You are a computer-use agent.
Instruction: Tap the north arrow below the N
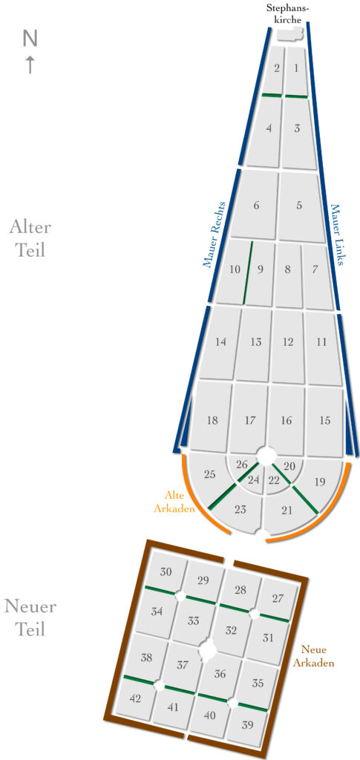30,64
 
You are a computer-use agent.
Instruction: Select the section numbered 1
296,71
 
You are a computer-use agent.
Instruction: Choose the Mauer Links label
337,235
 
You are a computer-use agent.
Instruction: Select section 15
325,421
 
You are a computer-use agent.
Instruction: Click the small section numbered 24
254,481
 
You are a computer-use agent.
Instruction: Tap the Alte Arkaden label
180,502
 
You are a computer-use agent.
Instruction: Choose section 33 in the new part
192,621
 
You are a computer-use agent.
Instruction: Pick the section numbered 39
247,726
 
